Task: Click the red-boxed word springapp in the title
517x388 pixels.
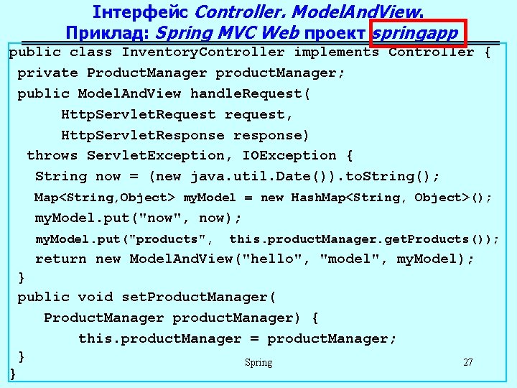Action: (x=416, y=32)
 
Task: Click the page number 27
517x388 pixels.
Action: (x=468, y=362)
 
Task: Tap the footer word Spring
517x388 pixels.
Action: (x=258, y=362)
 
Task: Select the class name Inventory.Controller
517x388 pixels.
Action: (x=203, y=52)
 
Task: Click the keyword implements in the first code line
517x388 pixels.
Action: (x=336, y=52)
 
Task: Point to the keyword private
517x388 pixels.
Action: (x=47, y=73)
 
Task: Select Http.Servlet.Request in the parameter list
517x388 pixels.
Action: (x=138, y=114)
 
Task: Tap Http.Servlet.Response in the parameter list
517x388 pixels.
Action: (x=142, y=135)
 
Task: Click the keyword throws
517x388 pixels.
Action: (x=52, y=155)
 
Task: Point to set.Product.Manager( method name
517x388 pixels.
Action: (x=199, y=297)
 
